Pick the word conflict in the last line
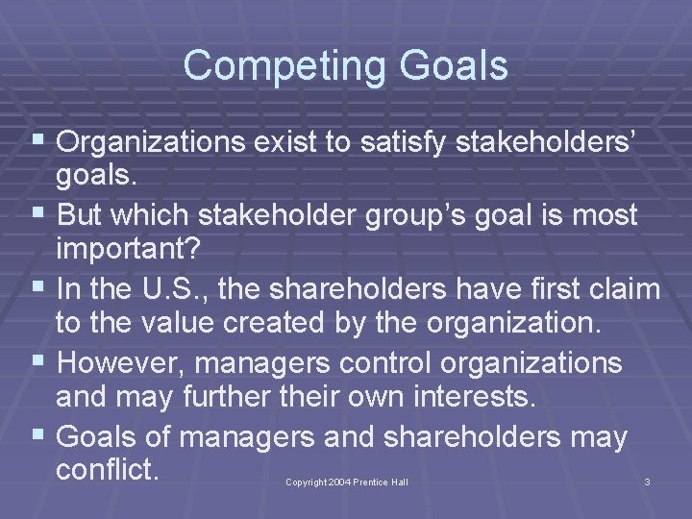106,471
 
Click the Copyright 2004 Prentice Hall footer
347,482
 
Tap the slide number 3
647,482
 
